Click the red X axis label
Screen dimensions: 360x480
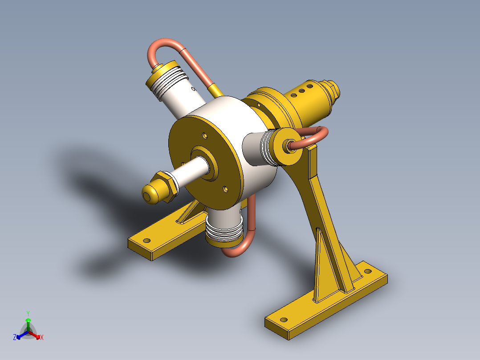coord(41,338)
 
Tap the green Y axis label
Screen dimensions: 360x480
coord(28,313)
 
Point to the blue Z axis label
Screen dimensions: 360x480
coord(15,338)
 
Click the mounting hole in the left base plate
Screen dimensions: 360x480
coord(146,240)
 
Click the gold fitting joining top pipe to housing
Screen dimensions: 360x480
coord(216,91)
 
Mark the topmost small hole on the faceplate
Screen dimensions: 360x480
coord(204,135)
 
